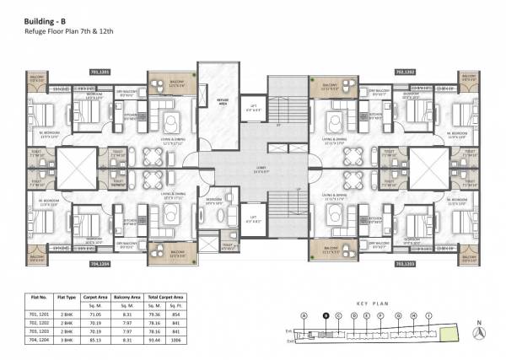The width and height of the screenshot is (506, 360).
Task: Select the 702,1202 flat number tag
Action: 406,73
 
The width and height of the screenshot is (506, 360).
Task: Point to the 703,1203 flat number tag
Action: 406,262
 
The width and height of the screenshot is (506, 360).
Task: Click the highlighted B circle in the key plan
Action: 326,316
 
